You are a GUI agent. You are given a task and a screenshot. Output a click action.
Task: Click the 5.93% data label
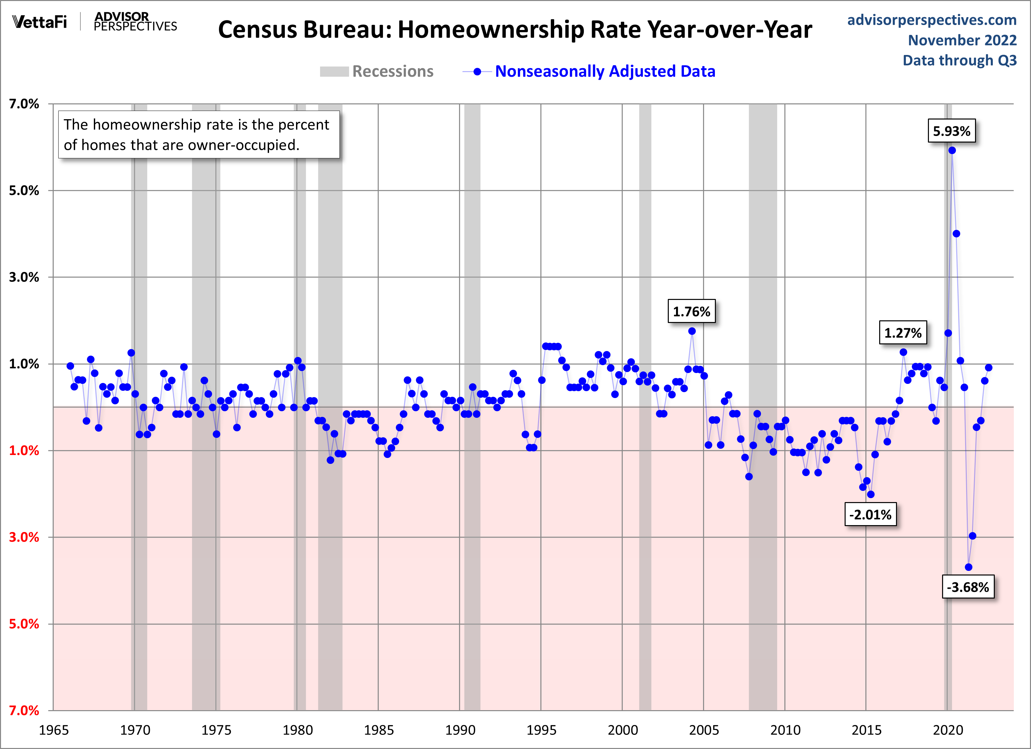click(951, 131)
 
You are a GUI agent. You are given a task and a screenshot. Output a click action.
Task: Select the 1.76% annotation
click(692, 311)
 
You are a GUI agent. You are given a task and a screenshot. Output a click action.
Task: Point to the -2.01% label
click(870, 515)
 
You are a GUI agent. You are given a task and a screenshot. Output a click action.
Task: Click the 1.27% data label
click(903, 333)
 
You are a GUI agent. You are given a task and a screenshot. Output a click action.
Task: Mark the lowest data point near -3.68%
click(968, 567)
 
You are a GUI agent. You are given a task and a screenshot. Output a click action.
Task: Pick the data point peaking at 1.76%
click(692, 331)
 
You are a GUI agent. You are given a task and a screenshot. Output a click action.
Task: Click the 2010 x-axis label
click(785, 730)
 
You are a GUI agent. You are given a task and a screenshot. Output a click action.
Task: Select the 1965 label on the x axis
click(54, 730)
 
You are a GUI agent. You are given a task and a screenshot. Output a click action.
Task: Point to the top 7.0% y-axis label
click(24, 104)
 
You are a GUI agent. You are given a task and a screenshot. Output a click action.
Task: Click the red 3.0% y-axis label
click(24, 537)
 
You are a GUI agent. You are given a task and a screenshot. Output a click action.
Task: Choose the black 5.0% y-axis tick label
click(24, 190)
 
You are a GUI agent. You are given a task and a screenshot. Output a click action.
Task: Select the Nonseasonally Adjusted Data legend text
click(605, 71)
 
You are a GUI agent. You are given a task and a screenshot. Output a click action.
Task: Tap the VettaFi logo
click(40, 21)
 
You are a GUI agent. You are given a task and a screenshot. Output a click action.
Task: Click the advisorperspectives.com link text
click(932, 20)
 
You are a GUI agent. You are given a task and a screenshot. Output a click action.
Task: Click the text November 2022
click(962, 40)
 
